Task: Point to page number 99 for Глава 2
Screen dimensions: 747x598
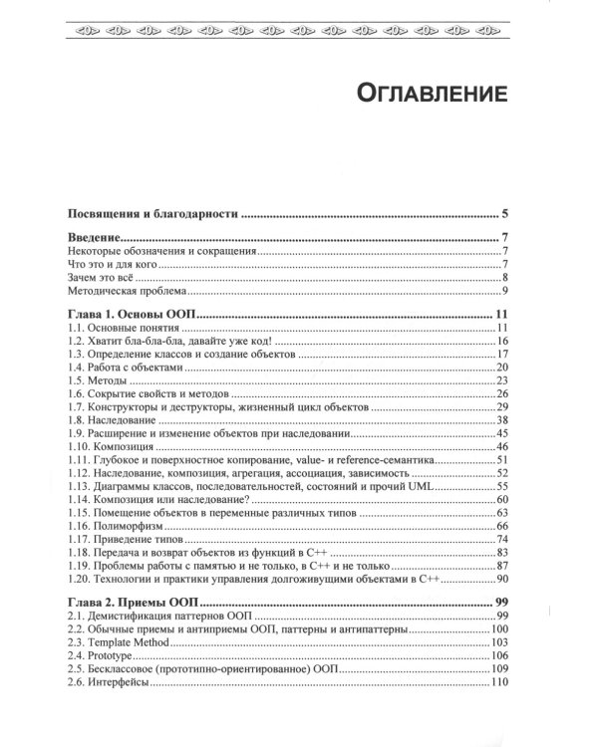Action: (x=502, y=604)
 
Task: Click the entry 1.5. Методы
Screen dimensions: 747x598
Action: (x=106, y=380)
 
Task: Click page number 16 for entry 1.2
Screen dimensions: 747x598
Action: (x=503, y=342)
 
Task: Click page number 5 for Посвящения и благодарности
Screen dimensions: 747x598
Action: (x=506, y=213)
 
